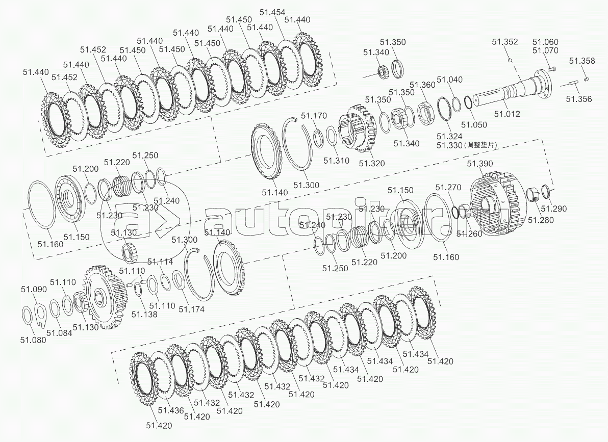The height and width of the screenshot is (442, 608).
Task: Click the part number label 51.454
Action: [x=272, y=13]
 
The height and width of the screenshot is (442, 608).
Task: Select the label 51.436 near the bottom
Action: [x=171, y=410]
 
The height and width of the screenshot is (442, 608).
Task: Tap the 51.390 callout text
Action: [x=480, y=164]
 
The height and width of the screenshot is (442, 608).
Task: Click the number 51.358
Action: [x=582, y=61]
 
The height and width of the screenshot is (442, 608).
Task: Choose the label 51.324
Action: [x=449, y=136]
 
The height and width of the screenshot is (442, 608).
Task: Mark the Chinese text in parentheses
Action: [x=479, y=145]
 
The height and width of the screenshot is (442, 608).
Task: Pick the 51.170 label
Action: [x=313, y=116]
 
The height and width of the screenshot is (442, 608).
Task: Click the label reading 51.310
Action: [x=336, y=161]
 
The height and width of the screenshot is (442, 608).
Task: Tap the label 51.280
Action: [x=540, y=220]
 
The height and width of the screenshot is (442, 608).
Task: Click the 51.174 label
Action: [x=192, y=309]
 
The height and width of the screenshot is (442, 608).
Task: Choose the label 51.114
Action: [x=160, y=262]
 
